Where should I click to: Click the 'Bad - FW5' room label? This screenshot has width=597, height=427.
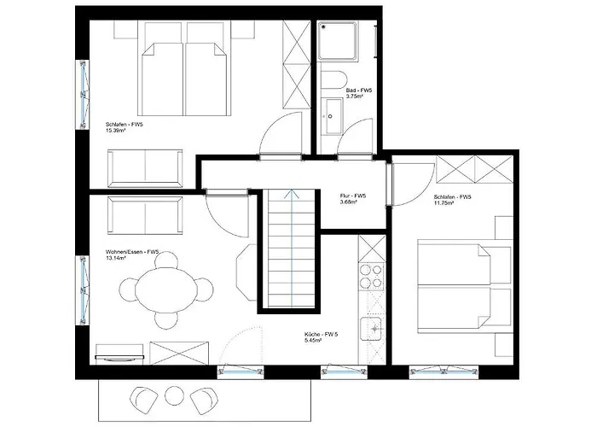click(359, 91)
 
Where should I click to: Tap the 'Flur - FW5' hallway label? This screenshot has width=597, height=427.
click(353, 196)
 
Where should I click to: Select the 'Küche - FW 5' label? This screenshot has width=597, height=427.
click(321, 335)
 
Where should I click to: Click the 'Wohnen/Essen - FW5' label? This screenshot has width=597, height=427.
click(132, 252)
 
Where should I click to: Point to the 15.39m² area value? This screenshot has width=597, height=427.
click(116, 131)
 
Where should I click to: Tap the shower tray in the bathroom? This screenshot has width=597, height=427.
click(339, 41)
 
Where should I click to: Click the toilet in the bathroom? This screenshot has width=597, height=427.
click(333, 79)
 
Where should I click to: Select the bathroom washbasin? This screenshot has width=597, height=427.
click(334, 116)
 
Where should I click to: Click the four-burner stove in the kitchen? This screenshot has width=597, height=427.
click(371, 277)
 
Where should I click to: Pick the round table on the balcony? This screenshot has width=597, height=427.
click(174, 395)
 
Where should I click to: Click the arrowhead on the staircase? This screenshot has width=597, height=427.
click(292, 193)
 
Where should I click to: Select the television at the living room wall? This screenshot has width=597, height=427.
click(119, 358)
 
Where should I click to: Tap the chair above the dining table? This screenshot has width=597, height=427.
click(166, 260)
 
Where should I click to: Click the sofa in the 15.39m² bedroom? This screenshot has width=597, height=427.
click(146, 168)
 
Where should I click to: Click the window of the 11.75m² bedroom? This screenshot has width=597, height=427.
click(443, 371)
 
